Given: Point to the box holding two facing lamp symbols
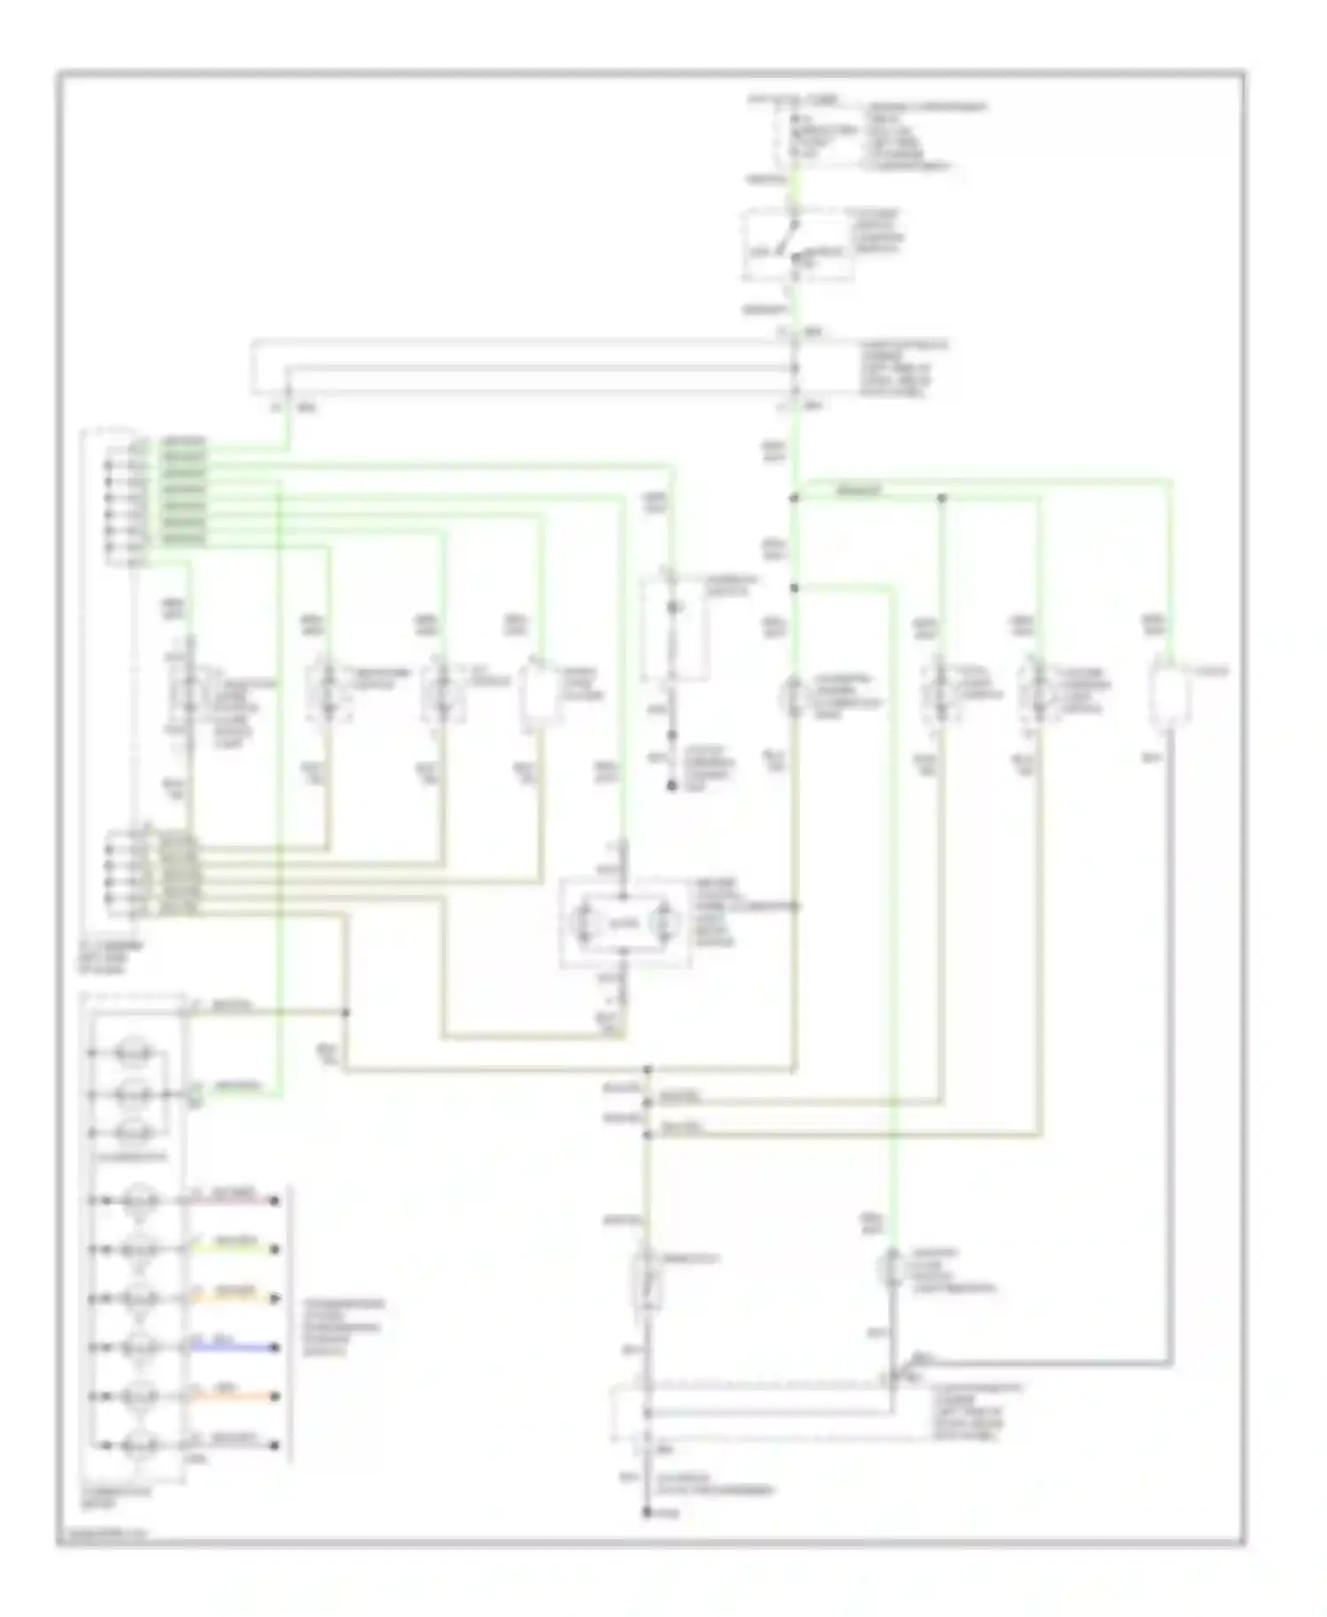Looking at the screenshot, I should [625, 923].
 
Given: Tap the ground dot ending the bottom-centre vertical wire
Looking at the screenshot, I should [648, 1514].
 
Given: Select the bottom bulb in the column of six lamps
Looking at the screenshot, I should [140, 1445].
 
